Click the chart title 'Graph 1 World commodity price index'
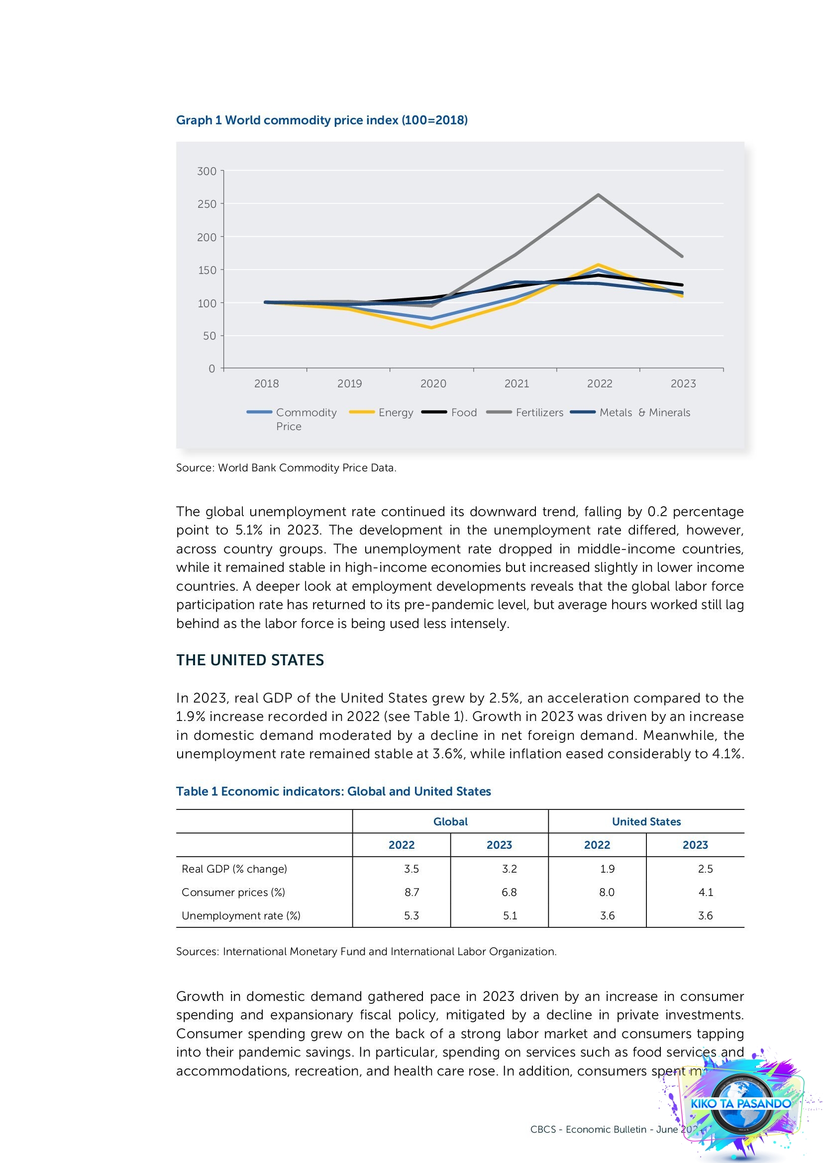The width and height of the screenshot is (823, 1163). point(321,120)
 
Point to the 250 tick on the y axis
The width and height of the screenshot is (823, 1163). point(206,204)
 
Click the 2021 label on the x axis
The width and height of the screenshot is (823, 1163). point(516,383)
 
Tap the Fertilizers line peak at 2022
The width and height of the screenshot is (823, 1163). point(599,194)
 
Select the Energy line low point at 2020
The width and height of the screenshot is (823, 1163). point(432,327)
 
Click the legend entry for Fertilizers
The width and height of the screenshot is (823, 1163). point(525,412)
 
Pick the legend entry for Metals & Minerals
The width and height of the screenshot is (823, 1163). point(630,412)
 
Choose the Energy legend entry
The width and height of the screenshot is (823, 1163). point(382,412)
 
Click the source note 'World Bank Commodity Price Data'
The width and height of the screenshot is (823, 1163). point(286,467)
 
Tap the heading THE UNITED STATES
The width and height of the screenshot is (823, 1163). point(250,660)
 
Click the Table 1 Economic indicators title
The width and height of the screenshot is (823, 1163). point(333,791)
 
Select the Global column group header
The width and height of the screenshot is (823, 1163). point(450,821)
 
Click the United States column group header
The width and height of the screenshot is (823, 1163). point(646,821)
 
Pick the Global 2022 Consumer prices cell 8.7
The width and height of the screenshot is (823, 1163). point(411,892)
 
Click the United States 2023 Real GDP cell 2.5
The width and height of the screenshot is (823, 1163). point(705,869)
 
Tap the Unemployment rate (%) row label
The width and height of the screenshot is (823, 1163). point(241,915)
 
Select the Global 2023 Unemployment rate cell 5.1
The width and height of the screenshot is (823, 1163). point(510,915)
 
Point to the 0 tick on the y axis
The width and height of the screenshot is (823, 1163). point(212,369)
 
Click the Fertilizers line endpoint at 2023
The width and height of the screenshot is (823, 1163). point(682,256)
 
